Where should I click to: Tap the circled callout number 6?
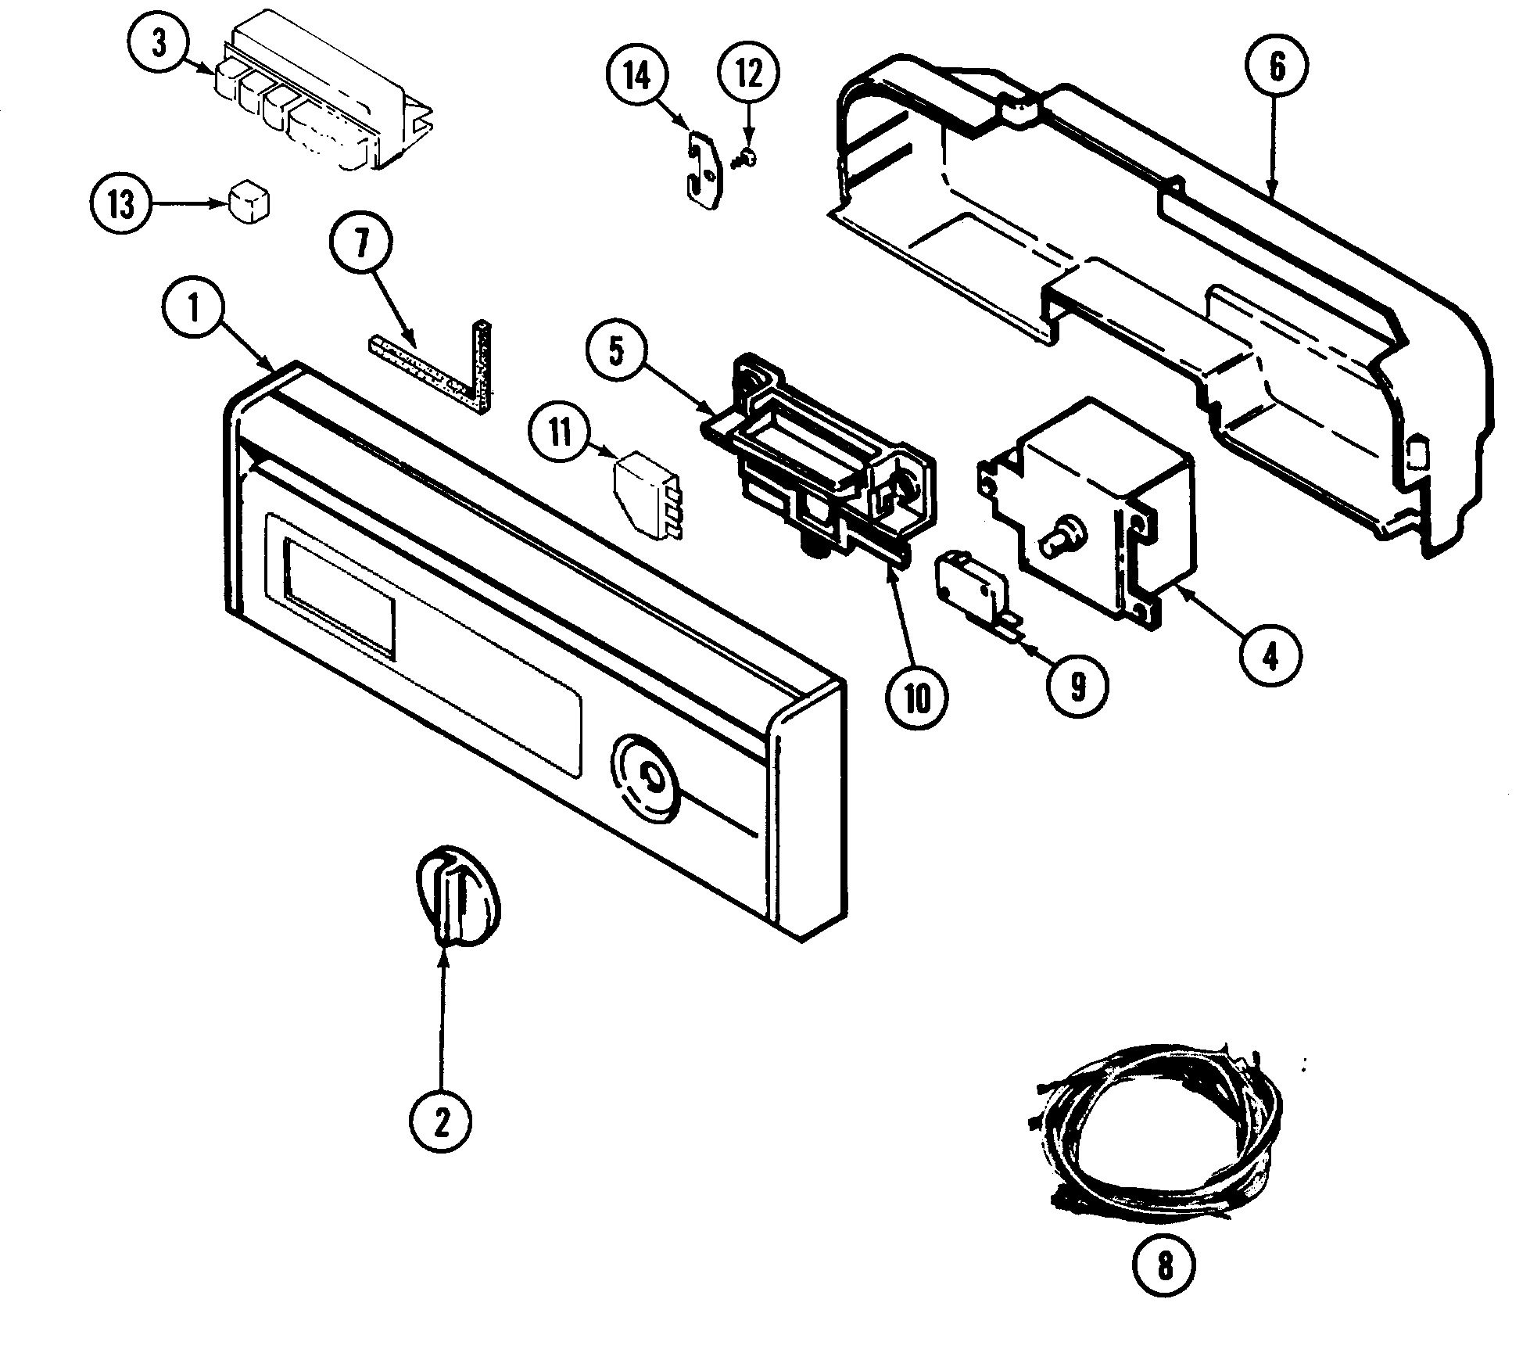pos(1276,68)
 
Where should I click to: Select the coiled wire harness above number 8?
pos(1157,1134)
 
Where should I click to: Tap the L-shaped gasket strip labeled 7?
pos(446,368)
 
